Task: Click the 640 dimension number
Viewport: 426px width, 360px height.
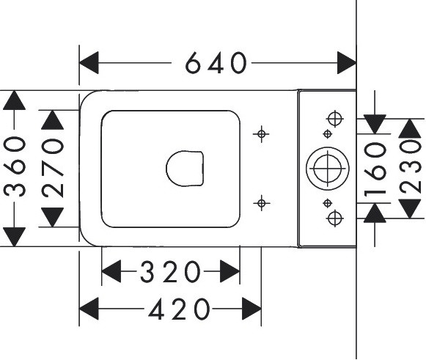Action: [x=216, y=63]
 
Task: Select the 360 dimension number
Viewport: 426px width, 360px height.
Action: [x=15, y=166]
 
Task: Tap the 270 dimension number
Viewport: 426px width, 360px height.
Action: [x=53, y=168]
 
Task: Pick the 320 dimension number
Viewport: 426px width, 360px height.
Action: [x=170, y=271]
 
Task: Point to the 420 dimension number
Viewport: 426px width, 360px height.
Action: [x=180, y=309]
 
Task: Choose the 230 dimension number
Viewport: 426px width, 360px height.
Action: [x=411, y=166]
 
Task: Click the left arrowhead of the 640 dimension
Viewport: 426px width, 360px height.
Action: [x=89, y=63]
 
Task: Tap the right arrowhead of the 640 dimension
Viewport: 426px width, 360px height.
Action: [x=347, y=63]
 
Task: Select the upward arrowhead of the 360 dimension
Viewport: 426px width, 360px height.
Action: [x=14, y=100]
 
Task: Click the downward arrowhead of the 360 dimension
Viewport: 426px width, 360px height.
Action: [x=14, y=237]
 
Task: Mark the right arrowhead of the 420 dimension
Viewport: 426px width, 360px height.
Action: [x=251, y=309]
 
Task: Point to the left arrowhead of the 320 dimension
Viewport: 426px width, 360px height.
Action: [x=111, y=271]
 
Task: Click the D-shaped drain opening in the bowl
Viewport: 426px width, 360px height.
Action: [x=185, y=169]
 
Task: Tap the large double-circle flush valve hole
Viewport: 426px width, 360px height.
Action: [x=328, y=169]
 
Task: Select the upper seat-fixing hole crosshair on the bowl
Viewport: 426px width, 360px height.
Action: [x=261, y=134]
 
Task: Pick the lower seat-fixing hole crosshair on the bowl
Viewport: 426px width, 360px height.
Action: [x=261, y=203]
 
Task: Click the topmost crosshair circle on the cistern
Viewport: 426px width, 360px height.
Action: [x=335, y=119]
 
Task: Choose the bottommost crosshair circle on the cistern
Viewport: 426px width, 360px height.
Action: [x=335, y=218]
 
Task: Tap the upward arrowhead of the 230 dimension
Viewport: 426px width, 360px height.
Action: [x=410, y=128]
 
